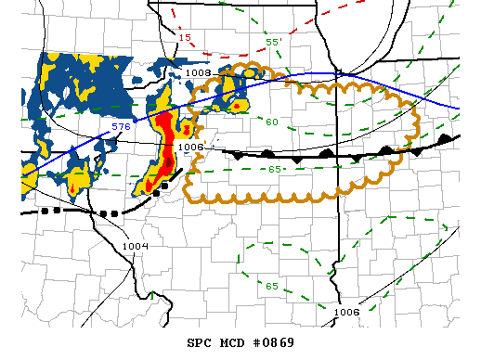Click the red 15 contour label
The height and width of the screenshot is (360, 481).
(185, 38)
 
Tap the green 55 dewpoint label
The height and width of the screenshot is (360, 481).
(273, 42)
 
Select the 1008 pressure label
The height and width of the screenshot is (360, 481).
(198, 71)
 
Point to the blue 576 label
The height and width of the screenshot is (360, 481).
(121, 125)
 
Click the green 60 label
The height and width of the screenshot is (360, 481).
(272, 122)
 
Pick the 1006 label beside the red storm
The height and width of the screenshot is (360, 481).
(189, 146)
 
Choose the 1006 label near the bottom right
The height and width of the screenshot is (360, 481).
(346, 312)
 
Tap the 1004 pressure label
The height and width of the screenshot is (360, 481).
(135, 245)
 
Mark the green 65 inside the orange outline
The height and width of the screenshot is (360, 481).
(275, 169)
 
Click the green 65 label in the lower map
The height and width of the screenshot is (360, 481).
(271, 286)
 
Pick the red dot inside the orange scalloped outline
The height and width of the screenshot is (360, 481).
(238, 106)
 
